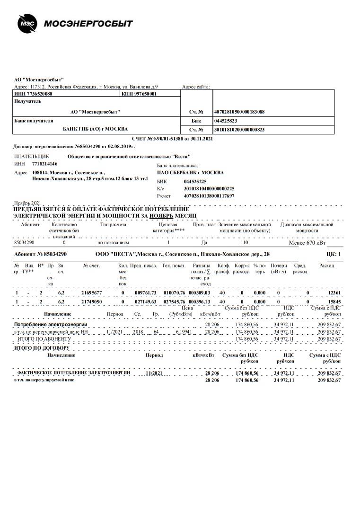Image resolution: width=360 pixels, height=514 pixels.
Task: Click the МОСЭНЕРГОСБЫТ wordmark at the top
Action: pyautogui.click(x=88, y=24)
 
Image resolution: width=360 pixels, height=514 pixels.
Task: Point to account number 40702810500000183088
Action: pyautogui.click(x=239, y=112)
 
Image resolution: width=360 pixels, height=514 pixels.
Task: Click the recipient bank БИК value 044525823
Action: pyautogui.click(x=227, y=121)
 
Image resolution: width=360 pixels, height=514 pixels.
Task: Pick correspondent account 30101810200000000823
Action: pyautogui.click(x=239, y=129)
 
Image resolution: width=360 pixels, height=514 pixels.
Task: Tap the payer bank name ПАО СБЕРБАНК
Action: pyautogui.click(x=190, y=173)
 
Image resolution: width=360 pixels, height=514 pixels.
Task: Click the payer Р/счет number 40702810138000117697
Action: pyautogui.click(x=209, y=195)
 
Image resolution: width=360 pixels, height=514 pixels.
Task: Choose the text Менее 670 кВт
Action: pyautogui.click(x=307, y=242)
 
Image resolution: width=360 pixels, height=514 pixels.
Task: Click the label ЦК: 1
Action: pyautogui.click(x=334, y=254)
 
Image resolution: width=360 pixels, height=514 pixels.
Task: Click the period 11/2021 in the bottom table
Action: pyautogui.click(x=154, y=373)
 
